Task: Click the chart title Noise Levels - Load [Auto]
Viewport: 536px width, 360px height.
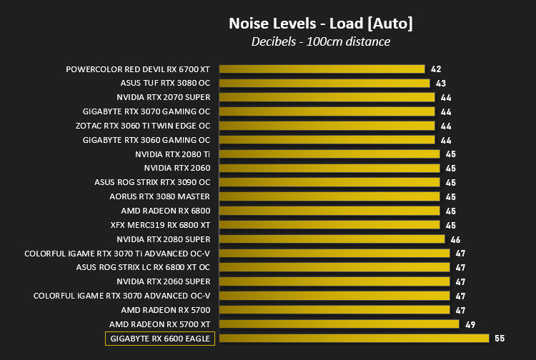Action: pos(321,24)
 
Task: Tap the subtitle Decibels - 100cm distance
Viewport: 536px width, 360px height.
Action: pos(321,41)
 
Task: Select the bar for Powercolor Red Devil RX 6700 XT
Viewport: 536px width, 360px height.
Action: pos(322,69)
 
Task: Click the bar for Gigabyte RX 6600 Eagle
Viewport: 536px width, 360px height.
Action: pos(354,338)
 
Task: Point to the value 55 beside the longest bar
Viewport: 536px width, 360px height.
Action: pos(500,338)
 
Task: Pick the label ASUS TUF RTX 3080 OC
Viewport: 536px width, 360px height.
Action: pos(165,83)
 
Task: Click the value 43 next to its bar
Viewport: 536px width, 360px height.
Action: pos(441,84)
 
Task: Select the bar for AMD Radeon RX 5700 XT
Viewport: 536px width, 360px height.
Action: pos(339,324)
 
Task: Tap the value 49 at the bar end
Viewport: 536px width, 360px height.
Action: pos(470,324)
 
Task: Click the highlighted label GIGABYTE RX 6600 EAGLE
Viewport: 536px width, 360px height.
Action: pos(160,339)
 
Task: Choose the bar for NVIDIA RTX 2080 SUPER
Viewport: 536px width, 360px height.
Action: pos(332,239)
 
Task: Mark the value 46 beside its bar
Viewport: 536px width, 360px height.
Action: pos(455,240)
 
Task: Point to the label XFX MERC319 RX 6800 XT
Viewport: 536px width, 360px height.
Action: pos(160,225)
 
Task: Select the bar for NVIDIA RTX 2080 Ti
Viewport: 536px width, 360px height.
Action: pos(329,154)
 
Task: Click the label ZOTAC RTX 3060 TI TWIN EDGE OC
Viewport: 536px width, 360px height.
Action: pos(143,126)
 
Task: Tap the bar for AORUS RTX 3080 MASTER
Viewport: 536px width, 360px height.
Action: pos(329,196)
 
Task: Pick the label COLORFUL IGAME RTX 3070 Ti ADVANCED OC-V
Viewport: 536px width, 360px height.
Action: pos(117,254)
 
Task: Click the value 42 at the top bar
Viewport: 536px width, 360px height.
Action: pos(436,69)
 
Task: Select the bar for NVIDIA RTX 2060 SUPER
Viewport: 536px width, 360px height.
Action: pos(334,281)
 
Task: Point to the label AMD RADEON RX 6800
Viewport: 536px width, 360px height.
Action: pos(166,211)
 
